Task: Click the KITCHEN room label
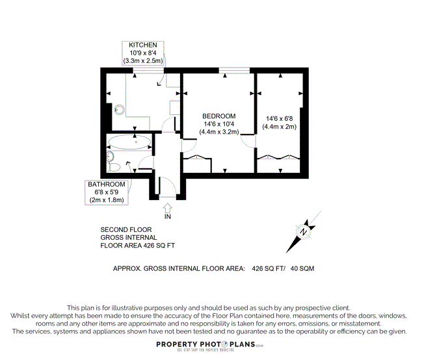click(143, 44)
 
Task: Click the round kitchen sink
click(120, 109)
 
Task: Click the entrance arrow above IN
click(167, 208)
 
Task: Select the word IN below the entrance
click(167, 217)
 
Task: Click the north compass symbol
click(304, 231)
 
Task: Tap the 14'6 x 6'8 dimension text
click(280, 119)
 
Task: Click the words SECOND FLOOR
click(126, 229)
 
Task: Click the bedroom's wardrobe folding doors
click(197, 157)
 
